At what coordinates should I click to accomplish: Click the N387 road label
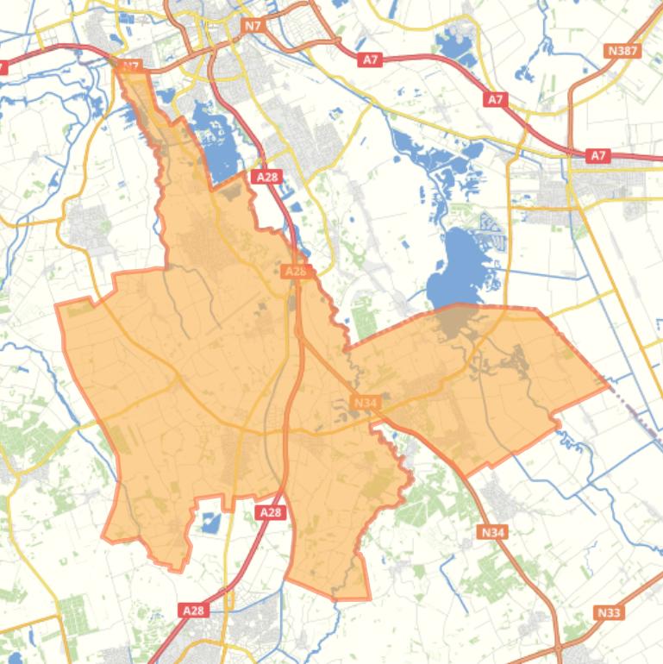tap(622, 51)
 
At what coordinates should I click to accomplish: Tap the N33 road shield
tap(609, 612)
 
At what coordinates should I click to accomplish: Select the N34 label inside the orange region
tap(366, 403)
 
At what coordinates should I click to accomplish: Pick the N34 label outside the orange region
tap(492, 532)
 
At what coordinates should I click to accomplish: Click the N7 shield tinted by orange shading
tap(130, 66)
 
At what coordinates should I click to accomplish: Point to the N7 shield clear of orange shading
tap(253, 27)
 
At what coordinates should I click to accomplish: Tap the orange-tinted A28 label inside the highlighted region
tap(295, 271)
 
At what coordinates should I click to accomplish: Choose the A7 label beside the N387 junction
tap(598, 156)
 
